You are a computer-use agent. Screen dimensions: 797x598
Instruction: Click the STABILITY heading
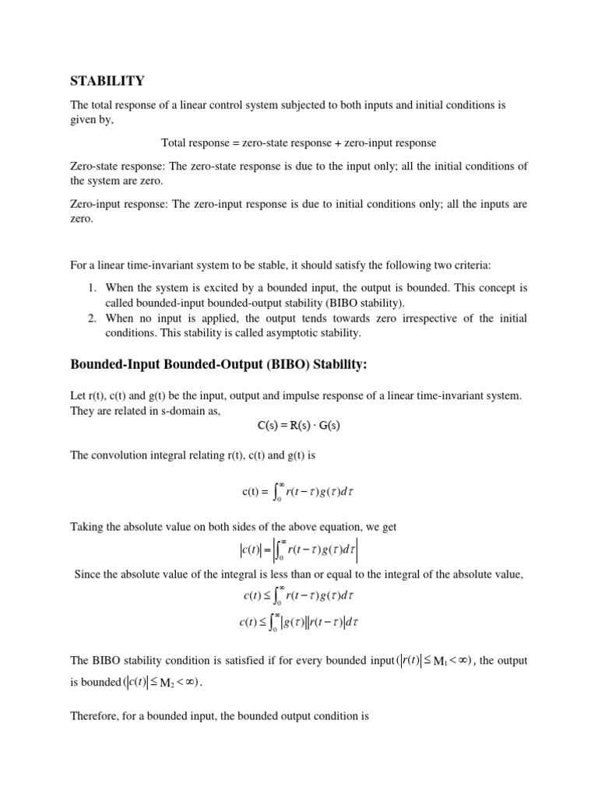point(107,81)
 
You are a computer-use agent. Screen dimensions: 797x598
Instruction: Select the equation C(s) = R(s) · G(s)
point(298,426)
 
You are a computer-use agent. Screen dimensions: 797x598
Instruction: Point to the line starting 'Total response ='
point(298,142)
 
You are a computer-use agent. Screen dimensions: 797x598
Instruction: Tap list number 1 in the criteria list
point(91,288)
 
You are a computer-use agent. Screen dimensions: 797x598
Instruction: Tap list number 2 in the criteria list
point(91,319)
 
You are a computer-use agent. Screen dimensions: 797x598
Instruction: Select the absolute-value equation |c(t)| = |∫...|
point(298,552)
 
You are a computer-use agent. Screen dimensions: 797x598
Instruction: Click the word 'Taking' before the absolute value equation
point(87,527)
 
